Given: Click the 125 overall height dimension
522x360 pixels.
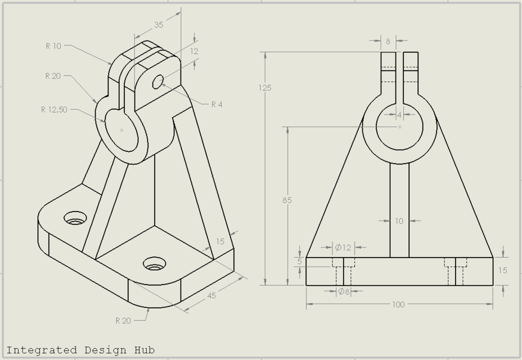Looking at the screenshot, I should click(265, 88).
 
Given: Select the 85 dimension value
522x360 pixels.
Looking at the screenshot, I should click(287, 200).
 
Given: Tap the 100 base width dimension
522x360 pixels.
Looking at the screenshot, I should click(398, 304).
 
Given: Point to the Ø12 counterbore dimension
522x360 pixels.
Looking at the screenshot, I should click(343, 247).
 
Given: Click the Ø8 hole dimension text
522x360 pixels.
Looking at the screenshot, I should click(343, 291).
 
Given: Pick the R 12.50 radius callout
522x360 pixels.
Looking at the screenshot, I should click(54, 110).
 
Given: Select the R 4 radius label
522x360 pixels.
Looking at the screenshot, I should click(217, 105).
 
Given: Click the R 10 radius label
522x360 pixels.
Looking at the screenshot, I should click(53, 46).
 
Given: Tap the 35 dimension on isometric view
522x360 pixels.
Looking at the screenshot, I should click(159, 25).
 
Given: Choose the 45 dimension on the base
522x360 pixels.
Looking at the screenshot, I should click(211, 296).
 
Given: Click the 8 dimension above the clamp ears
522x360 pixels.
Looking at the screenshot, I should click(388, 41).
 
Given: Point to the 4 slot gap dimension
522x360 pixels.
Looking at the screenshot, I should click(399, 115).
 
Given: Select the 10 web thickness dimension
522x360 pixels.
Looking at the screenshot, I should click(399, 221).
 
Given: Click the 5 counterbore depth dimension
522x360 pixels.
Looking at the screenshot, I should click(299, 262).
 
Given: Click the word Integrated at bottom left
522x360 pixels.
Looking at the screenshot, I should click(41, 350).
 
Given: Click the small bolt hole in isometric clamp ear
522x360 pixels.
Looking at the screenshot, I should click(158, 82).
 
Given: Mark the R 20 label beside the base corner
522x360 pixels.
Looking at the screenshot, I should click(123, 321).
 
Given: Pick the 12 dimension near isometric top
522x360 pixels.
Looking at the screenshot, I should click(194, 51).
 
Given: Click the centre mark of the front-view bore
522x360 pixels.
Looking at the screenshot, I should click(400, 127).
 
